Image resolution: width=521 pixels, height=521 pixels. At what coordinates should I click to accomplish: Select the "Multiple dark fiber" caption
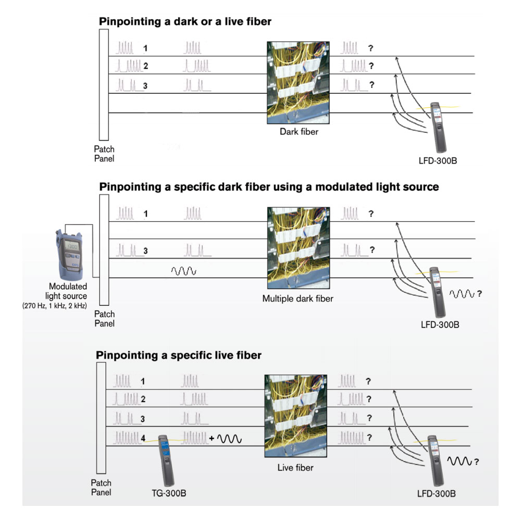[x=297, y=299]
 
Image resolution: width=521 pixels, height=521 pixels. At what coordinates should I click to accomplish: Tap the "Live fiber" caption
[x=295, y=467]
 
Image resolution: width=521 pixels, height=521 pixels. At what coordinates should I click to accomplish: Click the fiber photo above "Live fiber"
[x=295, y=416]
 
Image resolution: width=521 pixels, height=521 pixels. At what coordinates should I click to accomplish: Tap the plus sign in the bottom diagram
[x=212, y=439]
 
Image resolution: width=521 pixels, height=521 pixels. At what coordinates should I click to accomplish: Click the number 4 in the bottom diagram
[x=143, y=439]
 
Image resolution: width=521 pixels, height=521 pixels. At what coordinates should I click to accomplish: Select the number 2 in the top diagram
[x=146, y=66]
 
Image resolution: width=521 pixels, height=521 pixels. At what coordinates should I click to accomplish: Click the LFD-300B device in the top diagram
[x=437, y=126]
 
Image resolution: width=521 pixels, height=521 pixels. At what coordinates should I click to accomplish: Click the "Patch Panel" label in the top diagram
[x=104, y=154]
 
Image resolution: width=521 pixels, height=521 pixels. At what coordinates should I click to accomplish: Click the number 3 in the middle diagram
[x=145, y=251]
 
